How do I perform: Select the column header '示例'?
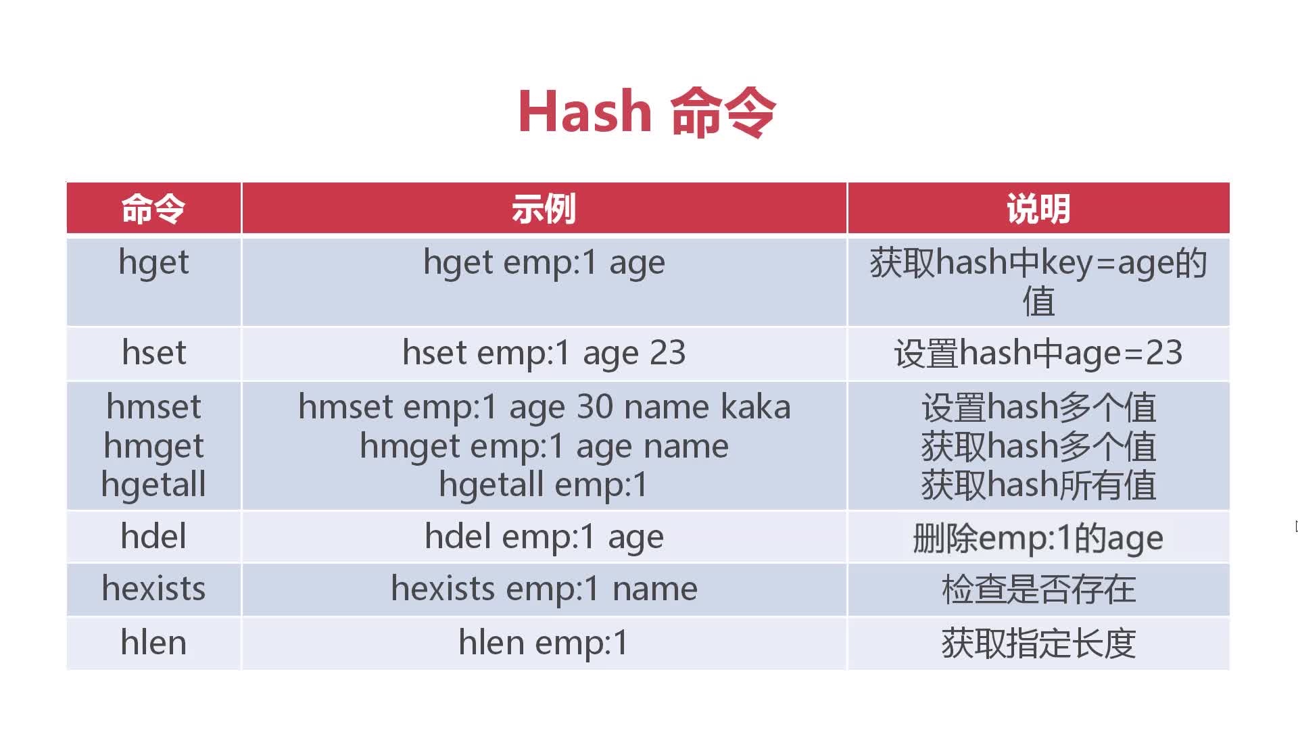tap(544, 209)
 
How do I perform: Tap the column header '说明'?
tap(1038, 209)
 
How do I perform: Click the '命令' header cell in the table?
tap(153, 209)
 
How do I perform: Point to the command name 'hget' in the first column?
tap(153, 264)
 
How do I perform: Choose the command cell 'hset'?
tap(153, 353)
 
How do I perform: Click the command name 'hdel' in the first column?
tap(153, 537)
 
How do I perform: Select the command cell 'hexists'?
tap(153, 589)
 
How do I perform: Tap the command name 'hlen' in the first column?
tap(153, 642)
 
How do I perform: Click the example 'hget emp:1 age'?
tap(544, 264)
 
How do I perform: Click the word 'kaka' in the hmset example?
tap(755, 407)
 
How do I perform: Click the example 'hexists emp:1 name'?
tap(544, 589)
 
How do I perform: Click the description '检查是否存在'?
tap(1038, 589)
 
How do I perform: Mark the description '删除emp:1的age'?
tap(1038, 539)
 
